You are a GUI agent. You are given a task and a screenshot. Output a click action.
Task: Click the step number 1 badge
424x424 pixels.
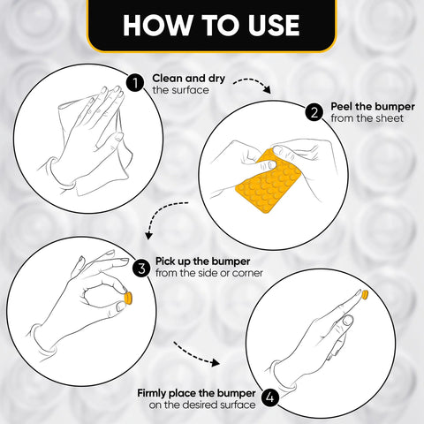click(134, 83)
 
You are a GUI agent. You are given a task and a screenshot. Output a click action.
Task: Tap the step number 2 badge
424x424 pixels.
click(314, 112)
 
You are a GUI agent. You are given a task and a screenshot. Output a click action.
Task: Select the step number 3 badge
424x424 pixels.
click(140, 267)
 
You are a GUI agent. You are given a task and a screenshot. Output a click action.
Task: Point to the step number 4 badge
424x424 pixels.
click(270, 397)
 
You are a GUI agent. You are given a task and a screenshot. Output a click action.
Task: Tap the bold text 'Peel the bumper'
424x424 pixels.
click(368, 106)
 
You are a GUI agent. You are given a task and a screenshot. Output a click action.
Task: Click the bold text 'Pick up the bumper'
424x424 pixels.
click(202, 261)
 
